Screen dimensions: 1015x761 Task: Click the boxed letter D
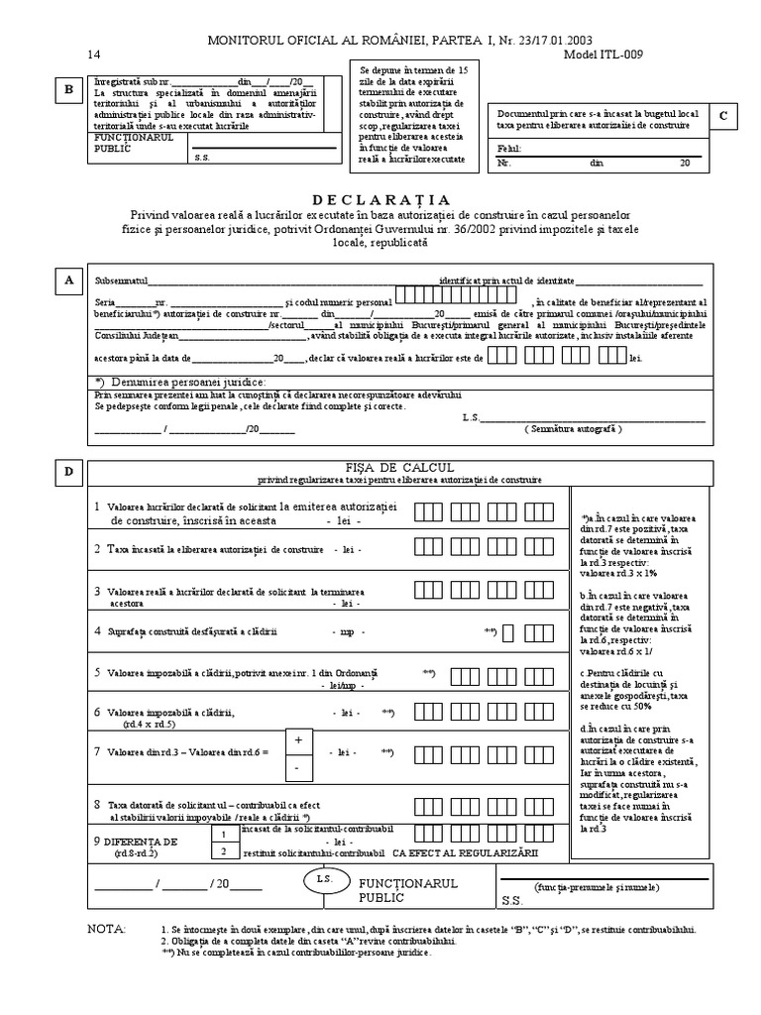pos(68,472)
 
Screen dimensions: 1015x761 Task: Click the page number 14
pos(94,56)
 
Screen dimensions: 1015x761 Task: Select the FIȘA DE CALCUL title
pos(399,467)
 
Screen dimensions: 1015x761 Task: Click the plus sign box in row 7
pos(298,738)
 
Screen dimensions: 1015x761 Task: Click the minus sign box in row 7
pos(298,767)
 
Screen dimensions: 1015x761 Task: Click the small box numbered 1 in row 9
pos(225,835)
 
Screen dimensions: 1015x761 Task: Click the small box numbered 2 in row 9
pos(225,850)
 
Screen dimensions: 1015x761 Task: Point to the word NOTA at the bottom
pos(107,930)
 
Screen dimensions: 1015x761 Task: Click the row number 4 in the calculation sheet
pos(97,630)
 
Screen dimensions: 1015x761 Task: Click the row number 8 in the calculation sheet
pos(97,804)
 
